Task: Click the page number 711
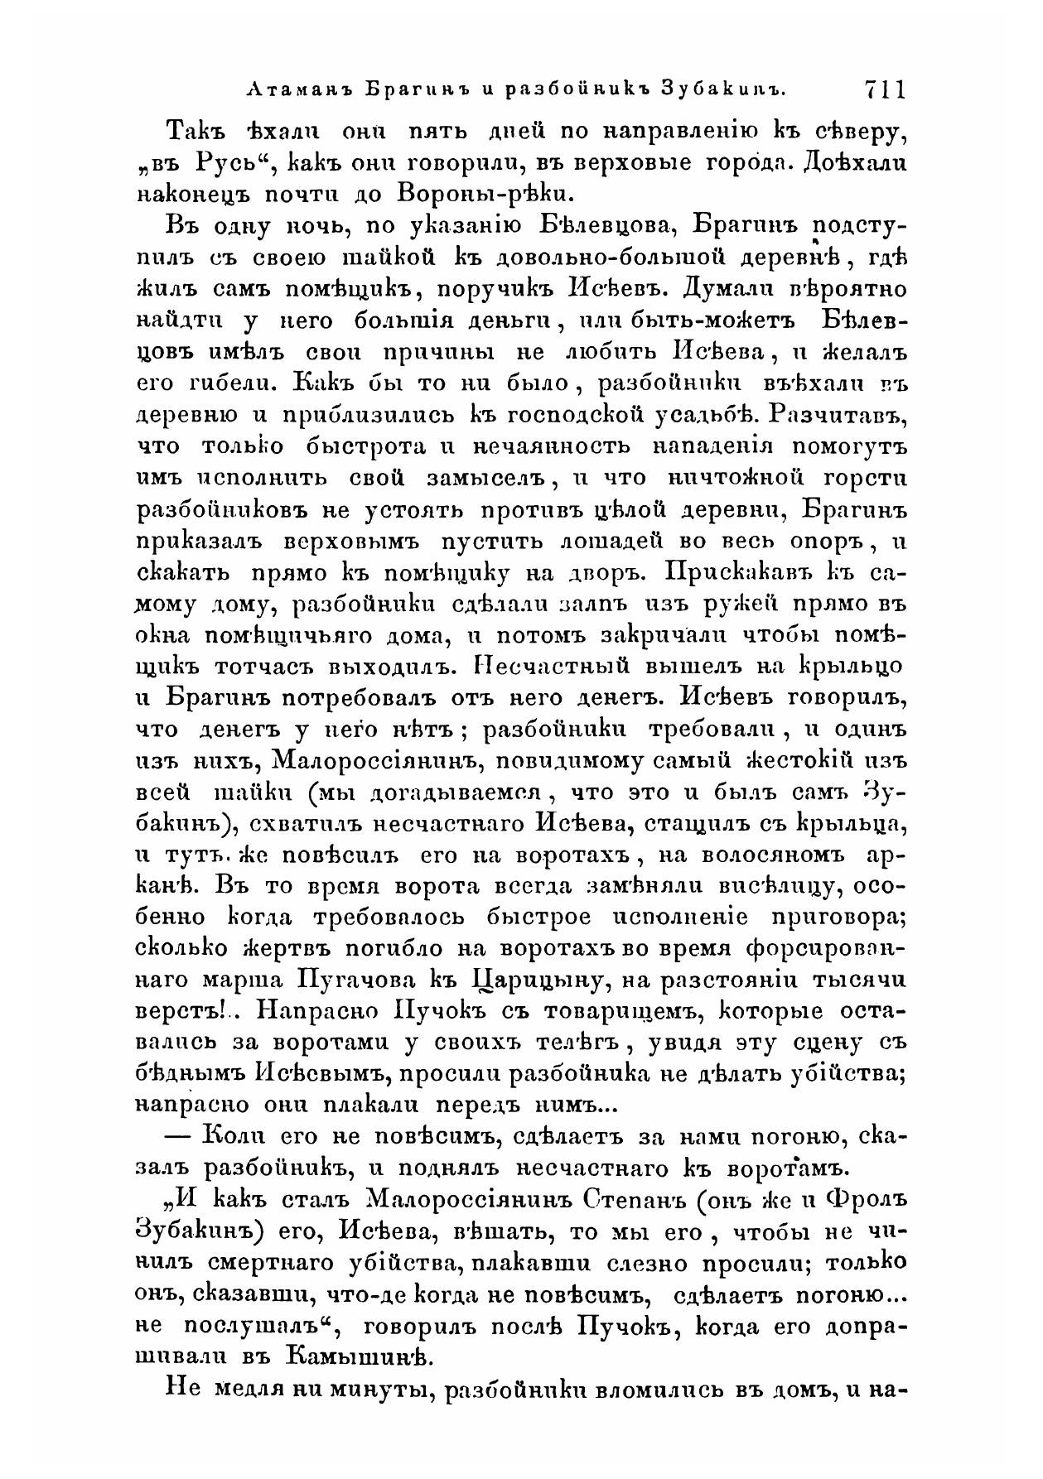tap(885, 89)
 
